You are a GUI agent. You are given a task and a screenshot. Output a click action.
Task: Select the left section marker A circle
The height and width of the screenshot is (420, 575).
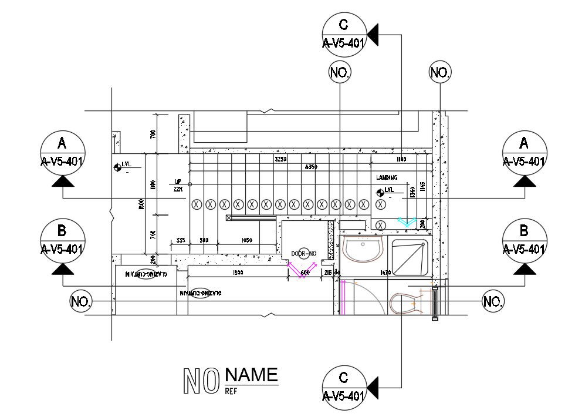(63, 152)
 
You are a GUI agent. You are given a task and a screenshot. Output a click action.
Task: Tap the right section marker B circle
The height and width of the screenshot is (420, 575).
(525, 240)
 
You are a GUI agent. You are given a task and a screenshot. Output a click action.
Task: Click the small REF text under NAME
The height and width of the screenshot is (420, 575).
(231, 389)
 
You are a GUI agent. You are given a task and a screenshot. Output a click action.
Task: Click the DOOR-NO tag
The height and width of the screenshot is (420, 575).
(304, 253)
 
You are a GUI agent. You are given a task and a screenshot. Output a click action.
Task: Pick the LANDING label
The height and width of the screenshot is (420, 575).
(387, 177)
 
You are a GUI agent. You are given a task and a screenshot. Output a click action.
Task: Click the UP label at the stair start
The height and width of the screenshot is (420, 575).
(177, 182)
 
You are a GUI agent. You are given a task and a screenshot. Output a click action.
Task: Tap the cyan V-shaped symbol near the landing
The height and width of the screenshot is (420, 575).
(405, 222)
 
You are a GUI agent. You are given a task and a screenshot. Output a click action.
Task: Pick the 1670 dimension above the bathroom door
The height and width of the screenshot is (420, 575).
(385, 273)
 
